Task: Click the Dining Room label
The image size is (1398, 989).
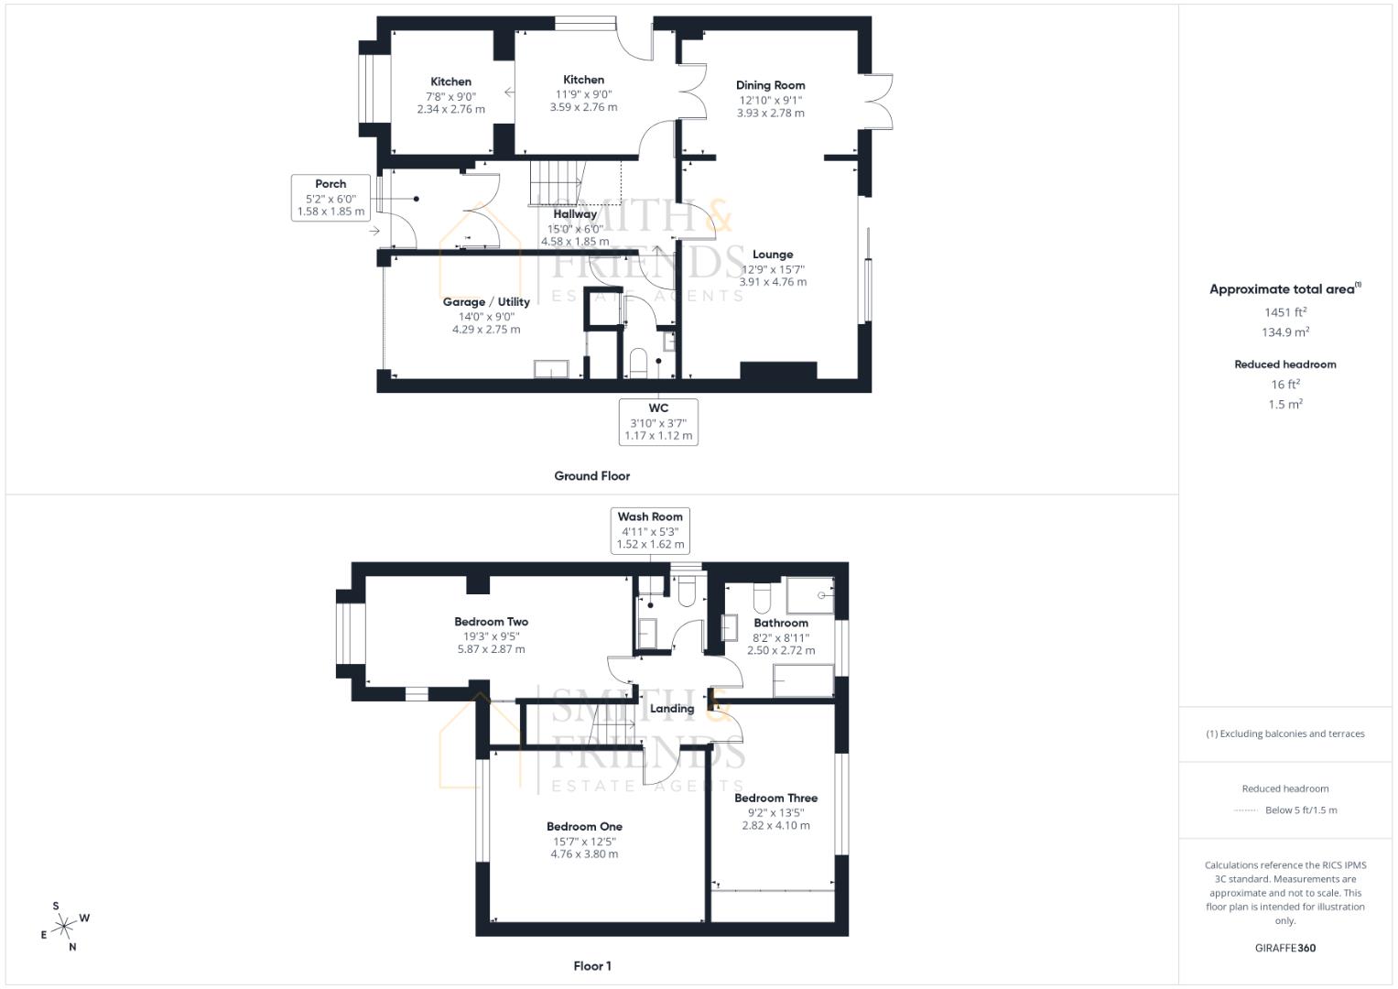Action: pos(770,85)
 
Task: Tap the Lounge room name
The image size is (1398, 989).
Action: pos(773,255)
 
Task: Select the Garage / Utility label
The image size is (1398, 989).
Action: pos(486,301)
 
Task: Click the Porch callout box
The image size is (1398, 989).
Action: pos(331,197)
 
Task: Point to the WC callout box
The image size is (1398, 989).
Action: pos(658,421)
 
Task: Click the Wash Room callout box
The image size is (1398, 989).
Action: pos(650,530)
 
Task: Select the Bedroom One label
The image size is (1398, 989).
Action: pos(584,826)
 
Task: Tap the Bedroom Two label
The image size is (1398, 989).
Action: pos(491,622)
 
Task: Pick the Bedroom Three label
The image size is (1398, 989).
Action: pos(775,798)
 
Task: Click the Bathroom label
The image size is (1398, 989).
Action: pos(781,623)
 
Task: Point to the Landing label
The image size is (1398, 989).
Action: pos(672,708)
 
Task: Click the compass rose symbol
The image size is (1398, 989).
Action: pos(64,927)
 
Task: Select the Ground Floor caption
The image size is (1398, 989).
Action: pos(591,476)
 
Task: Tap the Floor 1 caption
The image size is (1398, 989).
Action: pos(591,966)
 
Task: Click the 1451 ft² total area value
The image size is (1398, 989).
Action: pos(1285,312)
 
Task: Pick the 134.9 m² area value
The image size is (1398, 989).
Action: pos(1285,332)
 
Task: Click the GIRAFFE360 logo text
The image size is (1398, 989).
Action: pos(1285,948)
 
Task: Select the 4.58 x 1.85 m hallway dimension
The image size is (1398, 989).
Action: pos(575,242)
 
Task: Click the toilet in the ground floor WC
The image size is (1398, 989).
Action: pos(638,363)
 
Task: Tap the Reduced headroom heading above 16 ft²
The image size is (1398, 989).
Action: pos(1285,364)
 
